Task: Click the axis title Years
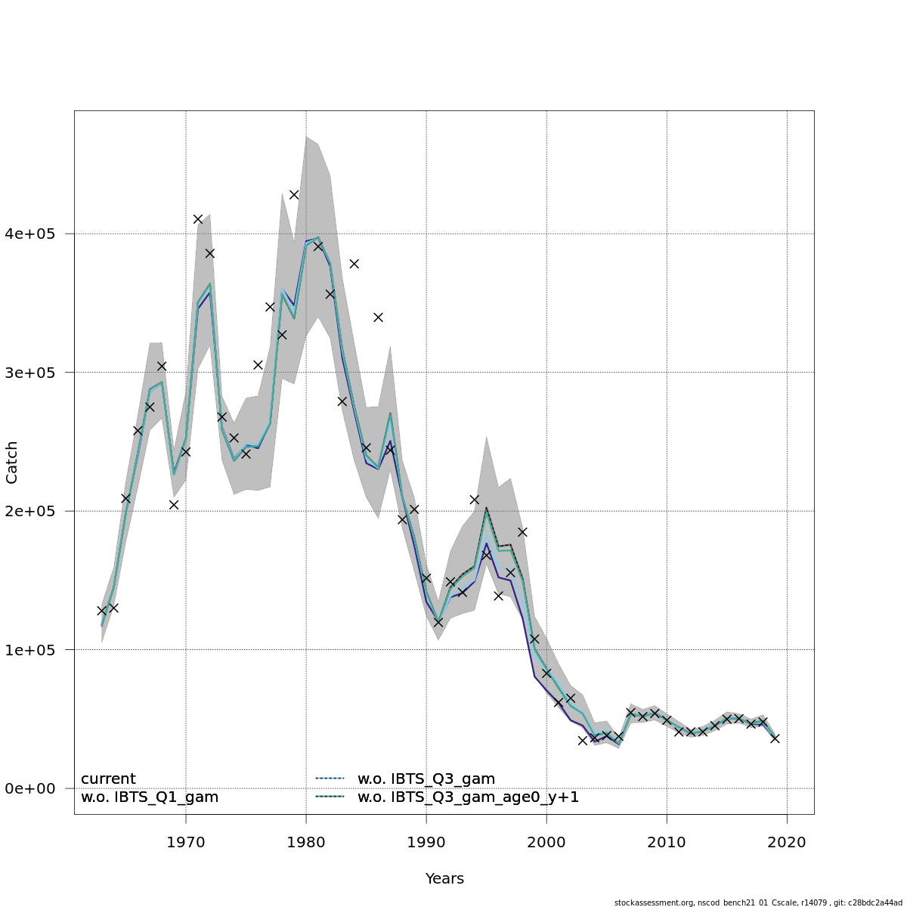[444, 879]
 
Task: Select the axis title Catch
[12, 462]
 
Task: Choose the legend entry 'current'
[108, 779]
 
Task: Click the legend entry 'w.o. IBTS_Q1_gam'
[150, 797]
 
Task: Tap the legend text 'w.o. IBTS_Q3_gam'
[426, 779]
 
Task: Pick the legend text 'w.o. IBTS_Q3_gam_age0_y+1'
[468, 797]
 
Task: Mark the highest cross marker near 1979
[294, 195]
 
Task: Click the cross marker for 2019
[775, 738]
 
